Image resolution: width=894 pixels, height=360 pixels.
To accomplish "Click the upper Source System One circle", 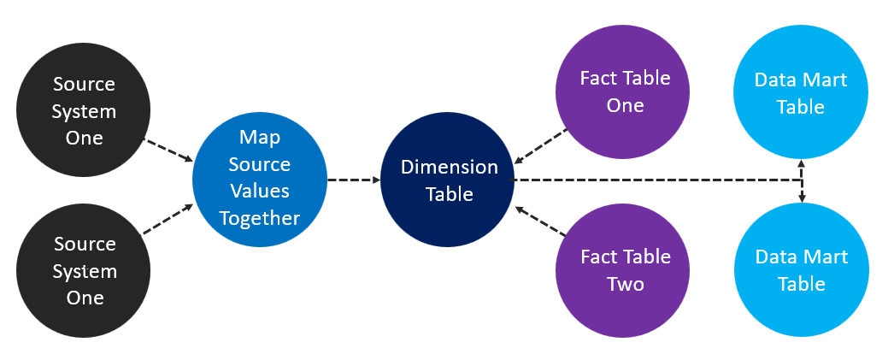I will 84,111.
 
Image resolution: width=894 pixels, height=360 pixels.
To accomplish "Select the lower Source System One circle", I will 84,270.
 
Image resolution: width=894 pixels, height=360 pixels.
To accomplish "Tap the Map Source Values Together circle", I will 260,178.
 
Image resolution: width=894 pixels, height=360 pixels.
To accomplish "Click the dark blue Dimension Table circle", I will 447,180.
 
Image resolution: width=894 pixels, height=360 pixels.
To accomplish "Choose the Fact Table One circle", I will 624,92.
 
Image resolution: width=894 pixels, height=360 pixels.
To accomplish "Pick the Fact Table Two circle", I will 624,270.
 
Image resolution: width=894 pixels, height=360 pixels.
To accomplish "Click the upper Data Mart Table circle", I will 801,93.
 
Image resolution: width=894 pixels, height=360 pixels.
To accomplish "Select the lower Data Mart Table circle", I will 801,270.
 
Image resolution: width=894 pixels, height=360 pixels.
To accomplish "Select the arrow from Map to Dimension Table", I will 353,180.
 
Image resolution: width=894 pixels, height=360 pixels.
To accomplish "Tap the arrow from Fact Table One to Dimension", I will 541,146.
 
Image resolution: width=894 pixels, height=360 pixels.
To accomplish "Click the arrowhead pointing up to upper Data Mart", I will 801,164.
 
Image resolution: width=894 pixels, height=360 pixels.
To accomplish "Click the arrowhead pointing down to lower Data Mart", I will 801,198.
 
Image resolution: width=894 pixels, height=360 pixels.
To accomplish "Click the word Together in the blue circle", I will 260,218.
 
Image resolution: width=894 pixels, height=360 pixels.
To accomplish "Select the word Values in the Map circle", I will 260,191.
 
